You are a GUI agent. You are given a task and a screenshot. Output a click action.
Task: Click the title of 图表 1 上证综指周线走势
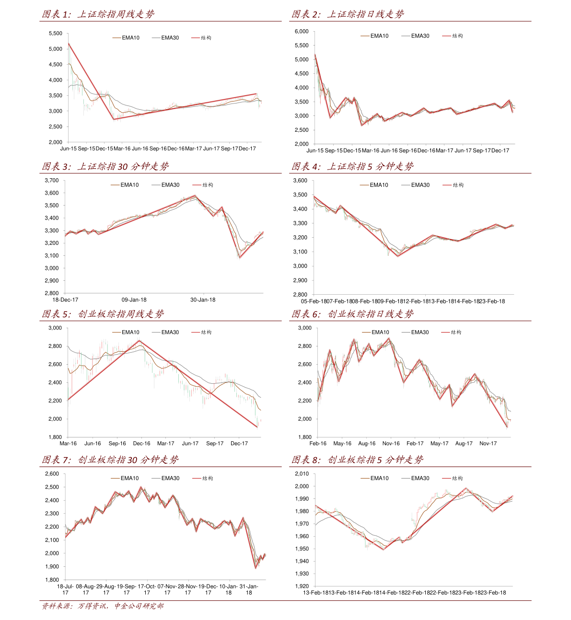point(98,14)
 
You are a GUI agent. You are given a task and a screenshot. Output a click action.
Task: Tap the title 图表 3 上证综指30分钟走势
point(105,167)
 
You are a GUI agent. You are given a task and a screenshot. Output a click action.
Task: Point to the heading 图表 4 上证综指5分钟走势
point(352,167)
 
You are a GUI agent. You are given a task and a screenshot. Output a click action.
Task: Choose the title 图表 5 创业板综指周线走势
point(103,314)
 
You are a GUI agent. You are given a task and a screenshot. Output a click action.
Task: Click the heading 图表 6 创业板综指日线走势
point(352,314)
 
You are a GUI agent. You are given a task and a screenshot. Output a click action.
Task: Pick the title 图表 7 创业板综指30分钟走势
point(110,460)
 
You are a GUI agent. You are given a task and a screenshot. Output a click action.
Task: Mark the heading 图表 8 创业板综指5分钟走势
point(357,460)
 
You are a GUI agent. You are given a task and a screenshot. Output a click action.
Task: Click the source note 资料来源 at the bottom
point(102,606)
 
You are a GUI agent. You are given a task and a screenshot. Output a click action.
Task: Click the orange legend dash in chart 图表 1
point(117,37)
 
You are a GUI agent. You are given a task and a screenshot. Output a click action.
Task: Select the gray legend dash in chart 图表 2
point(406,36)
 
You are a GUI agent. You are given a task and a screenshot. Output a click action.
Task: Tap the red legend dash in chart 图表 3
point(197,185)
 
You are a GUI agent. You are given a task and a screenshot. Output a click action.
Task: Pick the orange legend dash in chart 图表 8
point(365,478)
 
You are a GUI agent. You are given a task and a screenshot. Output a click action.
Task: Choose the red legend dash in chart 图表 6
point(446,332)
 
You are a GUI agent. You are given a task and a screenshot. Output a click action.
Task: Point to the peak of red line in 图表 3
point(195,195)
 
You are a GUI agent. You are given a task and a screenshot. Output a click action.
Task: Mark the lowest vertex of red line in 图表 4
point(398,256)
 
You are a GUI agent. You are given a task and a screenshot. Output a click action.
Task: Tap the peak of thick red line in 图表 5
point(140,341)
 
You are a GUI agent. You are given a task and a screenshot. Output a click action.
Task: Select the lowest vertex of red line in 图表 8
point(384,550)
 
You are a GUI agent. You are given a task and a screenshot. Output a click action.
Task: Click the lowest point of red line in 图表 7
point(256,568)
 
